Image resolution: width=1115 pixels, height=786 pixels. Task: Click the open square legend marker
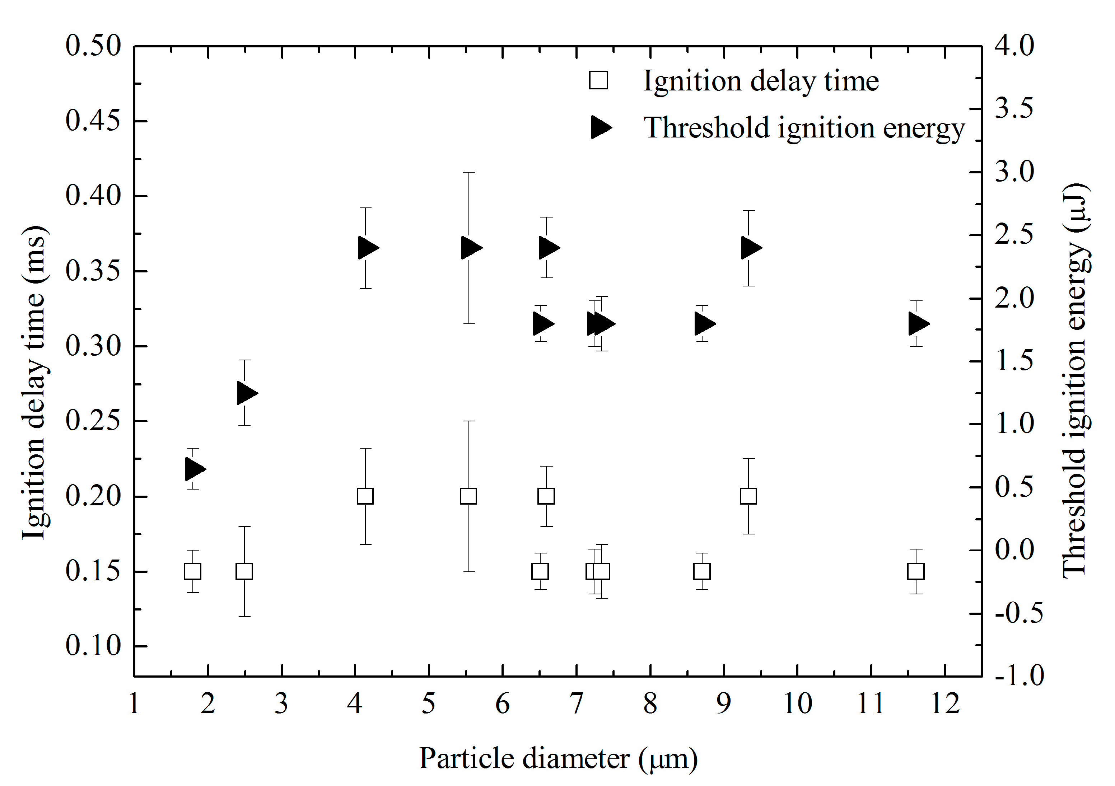pyautogui.click(x=598, y=81)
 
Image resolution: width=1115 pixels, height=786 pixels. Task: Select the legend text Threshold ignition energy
pyautogui.click(x=804, y=128)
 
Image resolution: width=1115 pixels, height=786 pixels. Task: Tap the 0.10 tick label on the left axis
pyautogui.click(x=93, y=646)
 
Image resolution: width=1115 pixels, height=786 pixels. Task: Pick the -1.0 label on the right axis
pyautogui.click(x=1019, y=676)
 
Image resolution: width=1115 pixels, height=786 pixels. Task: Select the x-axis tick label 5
pyautogui.click(x=428, y=704)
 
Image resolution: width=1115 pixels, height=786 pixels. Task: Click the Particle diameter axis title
pyautogui.click(x=559, y=758)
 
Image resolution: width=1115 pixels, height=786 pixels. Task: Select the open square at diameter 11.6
pyautogui.click(x=916, y=571)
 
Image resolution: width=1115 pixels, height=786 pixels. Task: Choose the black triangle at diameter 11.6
pyautogui.click(x=918, y=324)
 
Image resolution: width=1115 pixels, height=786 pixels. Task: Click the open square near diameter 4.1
pyautogui.click(x=365, y=496)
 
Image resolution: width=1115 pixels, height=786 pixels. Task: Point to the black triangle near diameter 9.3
pyautogui.click(x=751, y=248)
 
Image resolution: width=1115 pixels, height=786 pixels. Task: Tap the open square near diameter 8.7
pyautogui.click(x=702, y=571)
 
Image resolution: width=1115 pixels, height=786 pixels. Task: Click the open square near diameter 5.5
pyautogui.click(x=468, y=496)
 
